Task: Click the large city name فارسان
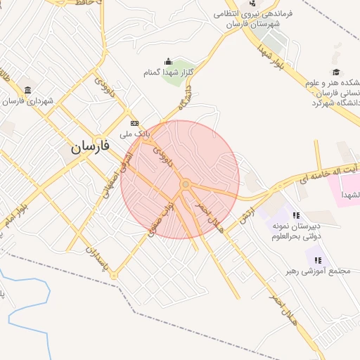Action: [x=90, y=146]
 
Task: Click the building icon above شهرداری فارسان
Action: [x=27, y=91]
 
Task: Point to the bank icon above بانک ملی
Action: [x=135, y=122]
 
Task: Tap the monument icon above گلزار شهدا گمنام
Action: [x=167, y=62]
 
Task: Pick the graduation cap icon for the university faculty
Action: [x=336, y=72]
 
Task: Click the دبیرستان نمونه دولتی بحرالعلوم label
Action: [x=297, y=230]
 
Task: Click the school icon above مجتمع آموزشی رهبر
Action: [x=318, y=259]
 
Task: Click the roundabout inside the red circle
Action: [x=185, y=184]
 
